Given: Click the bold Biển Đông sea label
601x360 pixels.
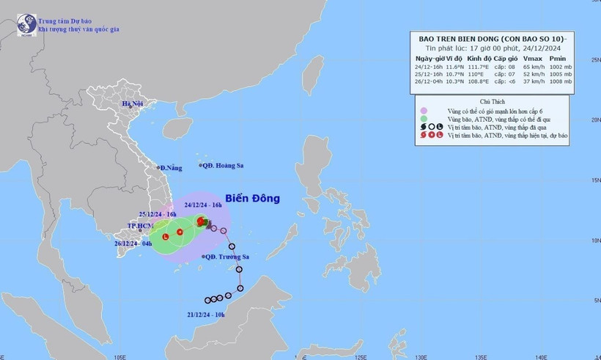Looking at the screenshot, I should pyautogui.click(x=251, y=198).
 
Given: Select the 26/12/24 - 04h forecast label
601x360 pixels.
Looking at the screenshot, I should pyautogui.click(x=133, y=243).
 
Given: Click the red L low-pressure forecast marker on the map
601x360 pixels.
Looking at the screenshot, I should pyautogui.click(x=166, y=236).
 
